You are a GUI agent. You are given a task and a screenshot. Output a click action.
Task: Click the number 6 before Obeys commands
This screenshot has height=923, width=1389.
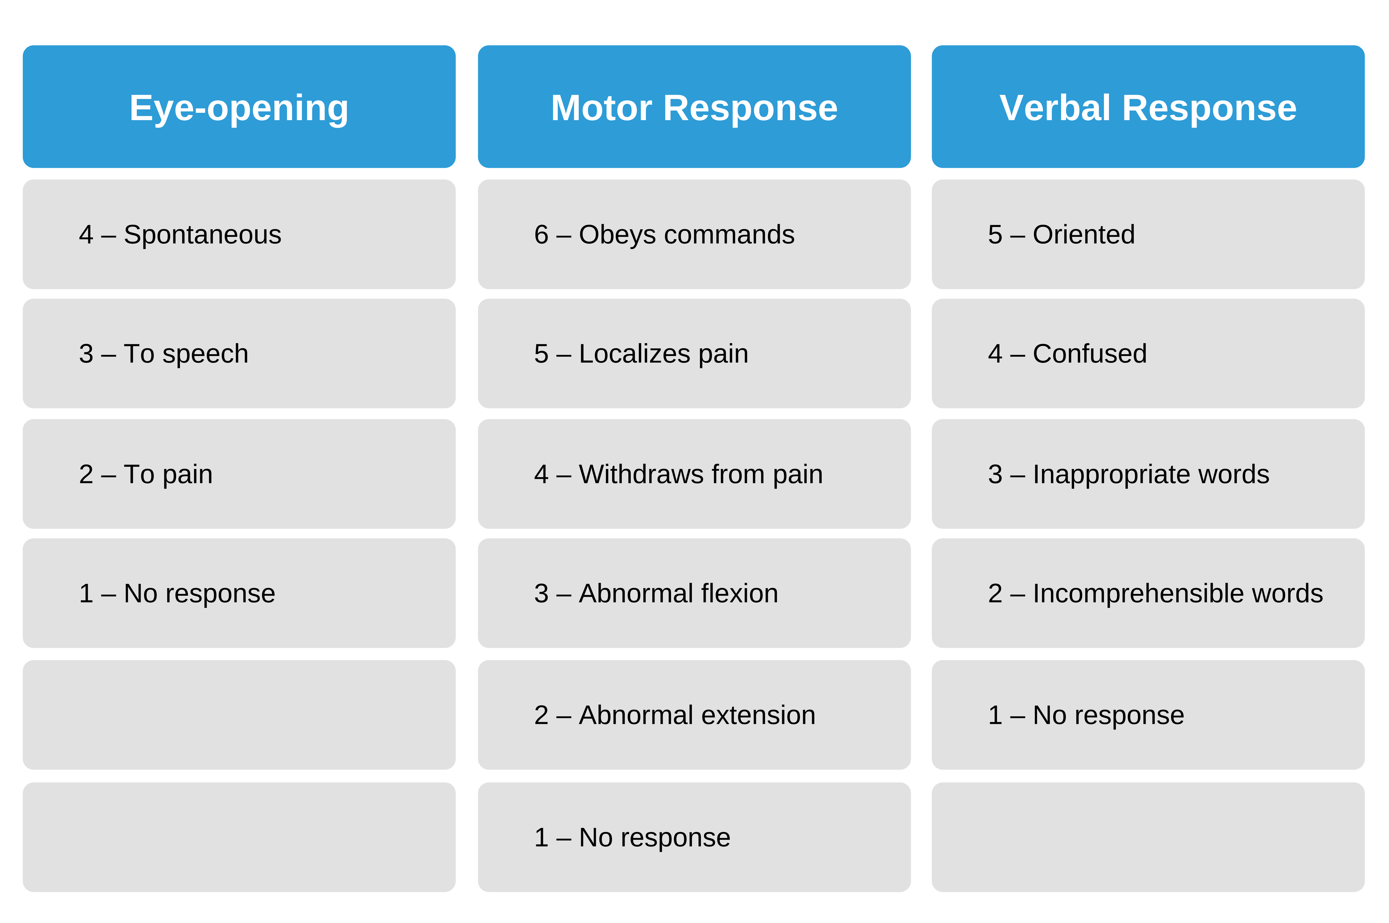tap(541, 234)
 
